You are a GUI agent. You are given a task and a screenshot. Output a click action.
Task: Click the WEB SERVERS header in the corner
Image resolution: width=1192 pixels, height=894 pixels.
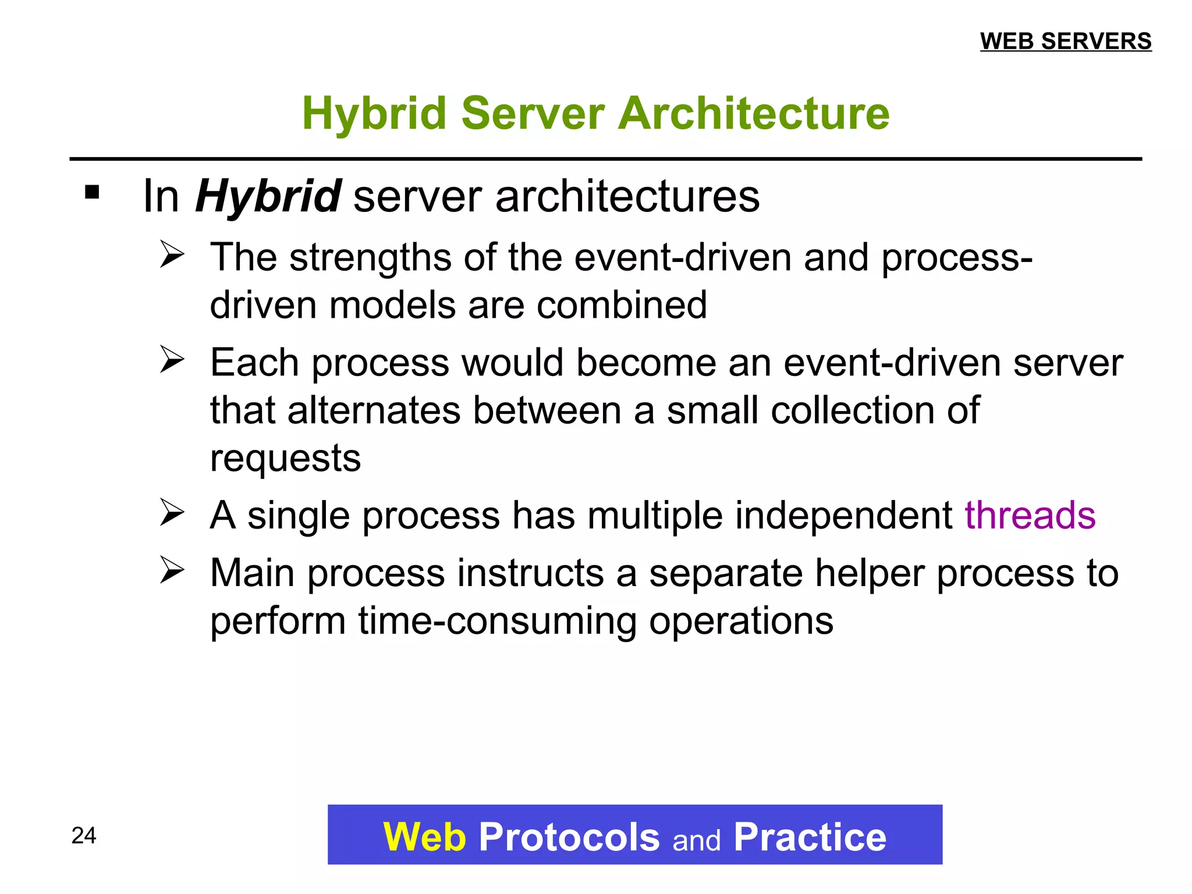pos(1066,41)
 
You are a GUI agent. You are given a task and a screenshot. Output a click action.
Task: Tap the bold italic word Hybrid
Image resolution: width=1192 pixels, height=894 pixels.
pos(268,197)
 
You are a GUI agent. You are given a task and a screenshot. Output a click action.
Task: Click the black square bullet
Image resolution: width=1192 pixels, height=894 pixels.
pos(92,192)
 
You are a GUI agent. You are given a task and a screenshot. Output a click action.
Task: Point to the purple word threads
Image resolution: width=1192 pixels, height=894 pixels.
pos(1030,515)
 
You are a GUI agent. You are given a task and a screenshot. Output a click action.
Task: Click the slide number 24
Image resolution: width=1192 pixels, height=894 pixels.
pos(84,835)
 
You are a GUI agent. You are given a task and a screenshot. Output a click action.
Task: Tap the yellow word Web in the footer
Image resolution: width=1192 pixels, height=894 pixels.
pos(425,837)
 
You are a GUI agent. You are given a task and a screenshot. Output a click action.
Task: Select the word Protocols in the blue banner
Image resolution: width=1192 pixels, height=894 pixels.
pos(569,837)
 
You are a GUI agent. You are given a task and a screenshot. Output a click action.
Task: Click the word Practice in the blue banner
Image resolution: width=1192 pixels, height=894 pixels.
pos(810,837)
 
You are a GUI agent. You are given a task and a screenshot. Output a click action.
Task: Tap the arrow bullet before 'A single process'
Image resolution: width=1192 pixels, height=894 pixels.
pos(172,513)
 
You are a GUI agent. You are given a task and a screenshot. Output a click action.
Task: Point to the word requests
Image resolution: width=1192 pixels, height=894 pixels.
pos(285,458)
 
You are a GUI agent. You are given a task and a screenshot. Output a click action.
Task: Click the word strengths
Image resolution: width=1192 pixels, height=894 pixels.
pos(370,257)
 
